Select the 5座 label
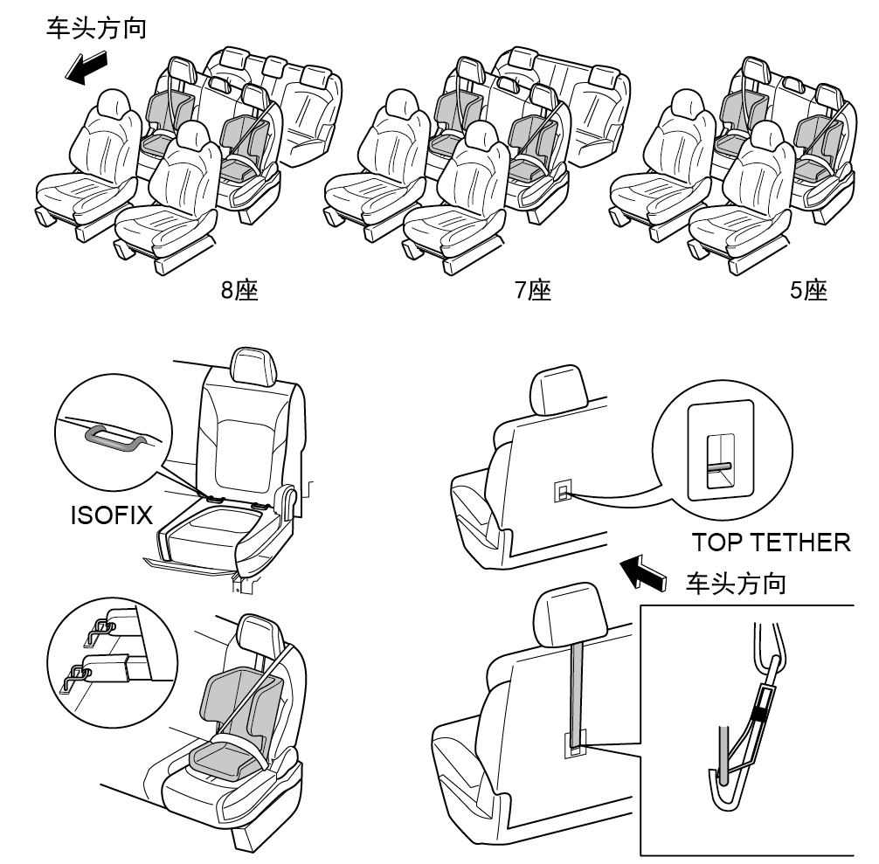coord(808,290)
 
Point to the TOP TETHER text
coord(772,543)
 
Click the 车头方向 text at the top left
coord(96,29)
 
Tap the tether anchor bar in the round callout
coord(718,466)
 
